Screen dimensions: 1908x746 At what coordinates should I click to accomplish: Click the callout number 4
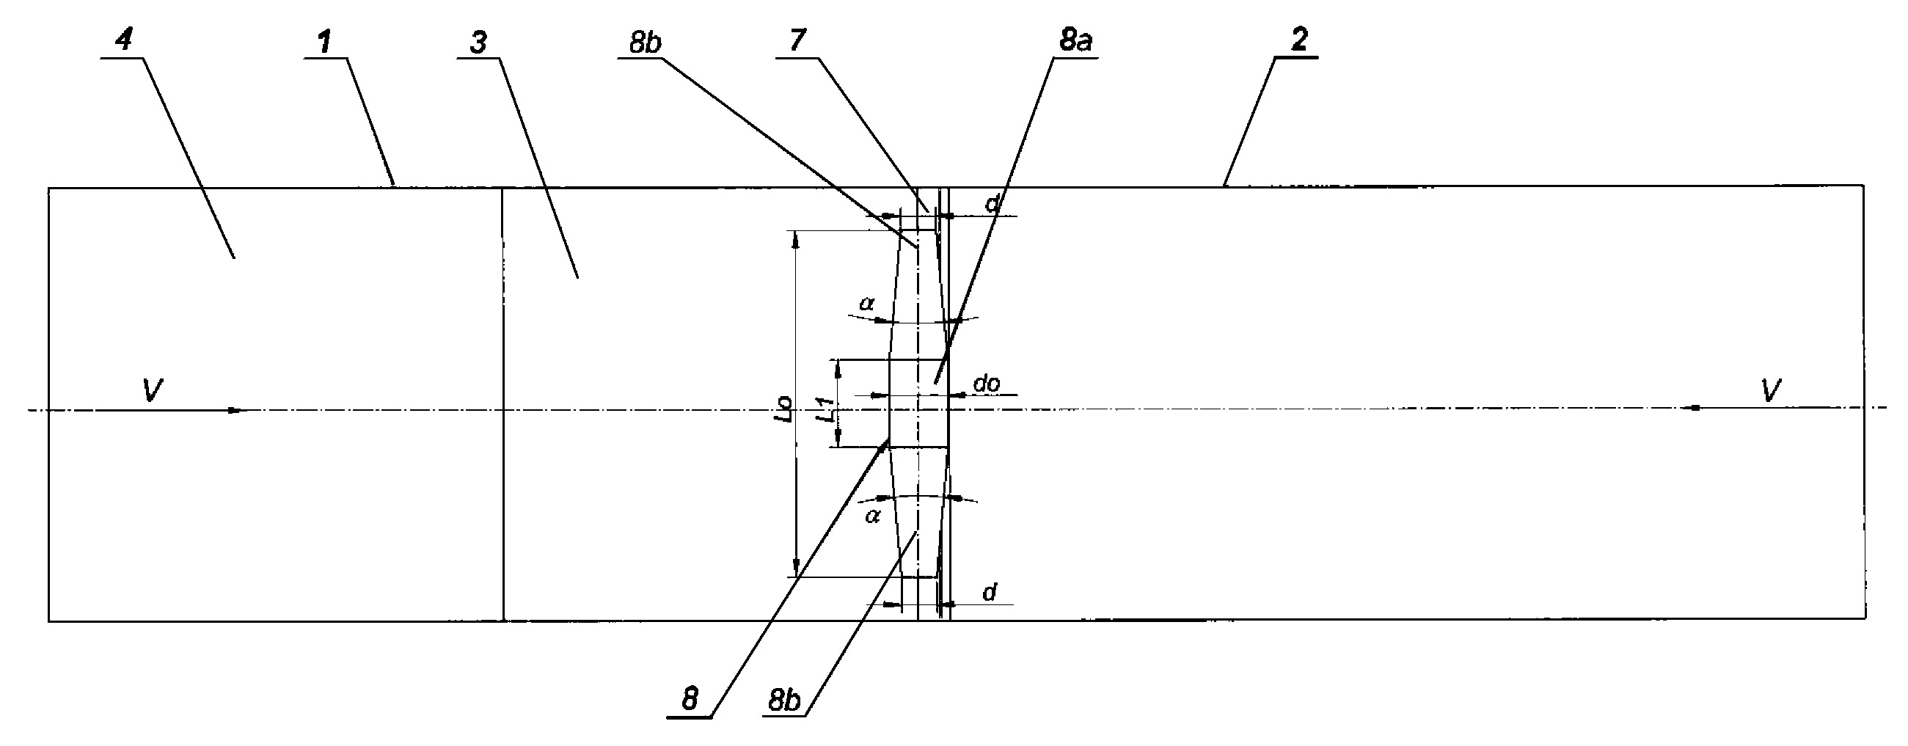124,41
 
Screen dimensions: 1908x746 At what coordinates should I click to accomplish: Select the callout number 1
323,43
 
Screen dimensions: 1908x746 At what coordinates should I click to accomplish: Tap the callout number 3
478,43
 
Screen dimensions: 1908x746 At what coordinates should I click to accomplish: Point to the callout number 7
797,40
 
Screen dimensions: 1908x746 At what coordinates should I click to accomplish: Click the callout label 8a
1075,42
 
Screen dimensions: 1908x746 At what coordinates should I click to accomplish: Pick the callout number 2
1299,40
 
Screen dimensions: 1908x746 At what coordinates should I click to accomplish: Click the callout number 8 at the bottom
690,699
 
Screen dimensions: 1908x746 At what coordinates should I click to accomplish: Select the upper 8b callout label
644,43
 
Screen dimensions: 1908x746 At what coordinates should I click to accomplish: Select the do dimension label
987,383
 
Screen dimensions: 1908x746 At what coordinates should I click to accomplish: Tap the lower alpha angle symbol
872,516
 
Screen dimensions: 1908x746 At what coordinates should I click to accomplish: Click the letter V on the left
153,390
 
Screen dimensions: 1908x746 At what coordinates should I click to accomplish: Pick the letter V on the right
1770,390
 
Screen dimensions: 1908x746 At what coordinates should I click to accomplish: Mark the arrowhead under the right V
1692,407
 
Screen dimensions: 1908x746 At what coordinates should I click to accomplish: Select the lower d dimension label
990,592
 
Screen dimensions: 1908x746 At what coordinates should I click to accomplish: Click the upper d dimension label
993,205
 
